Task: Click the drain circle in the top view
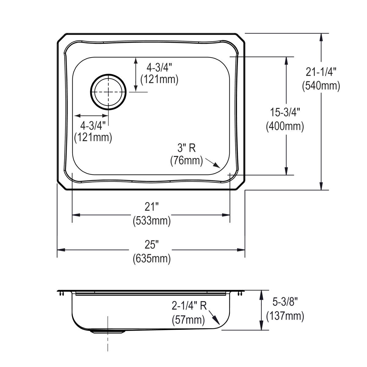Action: pos(108,91)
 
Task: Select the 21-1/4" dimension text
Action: pos(321,72)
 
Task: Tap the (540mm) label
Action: pos(321,86)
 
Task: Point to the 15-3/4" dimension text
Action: pos(285,113)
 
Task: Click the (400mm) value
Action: pos(285,126)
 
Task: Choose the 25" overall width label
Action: pos(152,245)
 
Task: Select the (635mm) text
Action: pos(152,259)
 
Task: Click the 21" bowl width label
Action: pos(152,207)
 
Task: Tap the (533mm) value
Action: pos(152,221)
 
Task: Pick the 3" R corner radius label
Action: pos(187,148)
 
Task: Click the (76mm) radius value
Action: pos(187,161)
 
